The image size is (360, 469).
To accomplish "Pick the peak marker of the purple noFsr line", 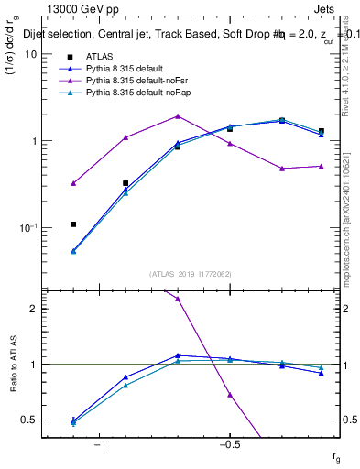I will (x=178, y=116).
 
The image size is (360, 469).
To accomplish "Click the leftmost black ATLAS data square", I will (x=73, y=224).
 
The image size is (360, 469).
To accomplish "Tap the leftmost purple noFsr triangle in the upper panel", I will (x=73, y=183).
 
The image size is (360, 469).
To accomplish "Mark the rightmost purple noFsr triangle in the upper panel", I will (x=321, y=166).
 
